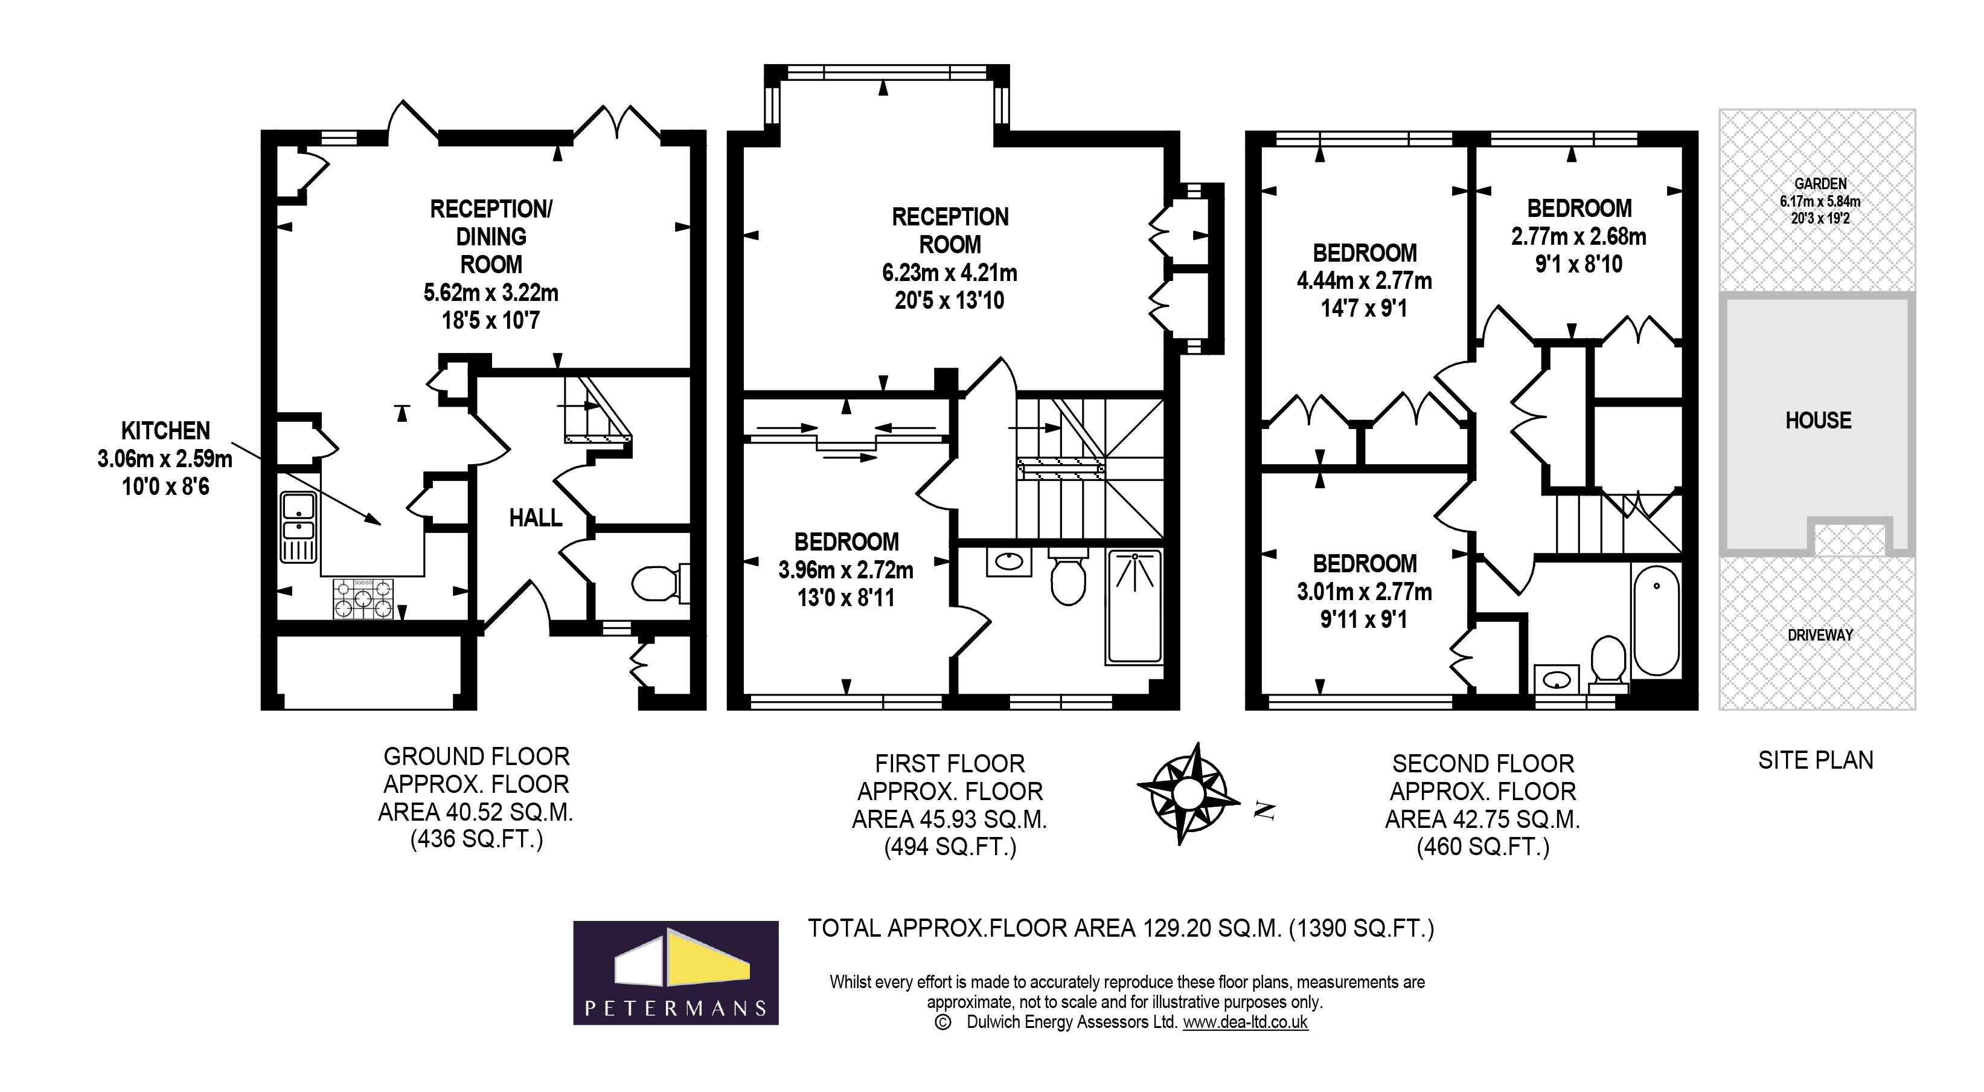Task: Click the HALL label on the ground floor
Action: click(x=536, y=518)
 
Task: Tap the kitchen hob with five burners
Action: click(x=363, y=599)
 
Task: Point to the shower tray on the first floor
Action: click(x=1134, y=607)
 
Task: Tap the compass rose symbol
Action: click(x=1187, y=793)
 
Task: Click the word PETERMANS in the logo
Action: click(x=676, y=1008)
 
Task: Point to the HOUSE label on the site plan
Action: click(x=1817, y=421)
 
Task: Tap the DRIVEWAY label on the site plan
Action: click(x=1819, y=635)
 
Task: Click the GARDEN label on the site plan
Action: click(x=1820, y=184)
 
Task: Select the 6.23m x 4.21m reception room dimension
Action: click(x=949, y=273)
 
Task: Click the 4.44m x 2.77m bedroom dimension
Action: click(x=1364, y=280)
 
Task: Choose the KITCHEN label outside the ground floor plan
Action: click(x=165, y=431)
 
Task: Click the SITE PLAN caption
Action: click(x=1816, y=761)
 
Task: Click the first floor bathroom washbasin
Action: click(x=1008, y=562)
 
